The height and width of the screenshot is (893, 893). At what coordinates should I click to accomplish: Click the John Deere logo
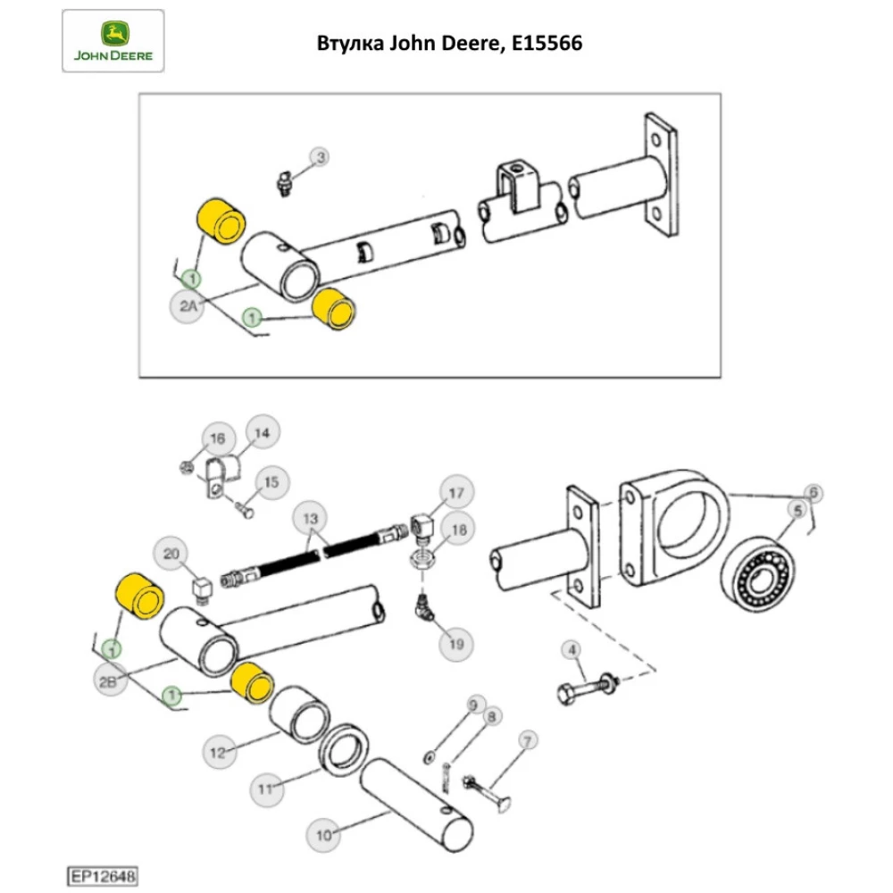[x=113, y=41]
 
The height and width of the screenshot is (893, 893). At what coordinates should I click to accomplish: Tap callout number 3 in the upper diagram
[x=320, y=158]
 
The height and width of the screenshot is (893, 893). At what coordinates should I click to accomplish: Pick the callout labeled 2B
[x=109, y=683]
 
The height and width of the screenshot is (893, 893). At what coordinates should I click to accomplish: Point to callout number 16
[x=217, y=438]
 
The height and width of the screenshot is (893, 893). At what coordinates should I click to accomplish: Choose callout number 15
[x=272, y=482]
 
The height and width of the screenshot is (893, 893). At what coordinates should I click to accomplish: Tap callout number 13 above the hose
[x=310, y=519]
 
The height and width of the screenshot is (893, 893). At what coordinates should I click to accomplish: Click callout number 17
[x=455, y=493]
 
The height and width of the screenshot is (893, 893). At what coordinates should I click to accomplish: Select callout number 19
[x=456, y=642]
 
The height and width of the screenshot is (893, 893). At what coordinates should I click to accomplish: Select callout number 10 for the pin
[x=323, y=835]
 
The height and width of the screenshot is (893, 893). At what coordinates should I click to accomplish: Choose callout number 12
[x=219, y=753]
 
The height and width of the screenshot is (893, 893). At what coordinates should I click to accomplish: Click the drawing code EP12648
[x=99, y=878]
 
